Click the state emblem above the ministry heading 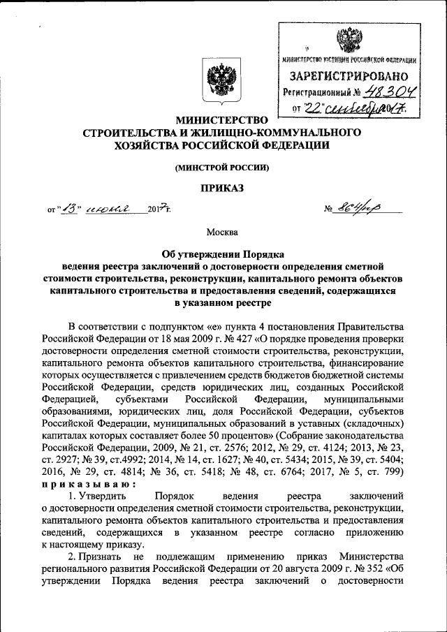(223, 82)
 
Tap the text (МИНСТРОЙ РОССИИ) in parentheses (223, 168)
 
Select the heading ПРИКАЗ (223, 188)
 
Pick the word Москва (223, 231)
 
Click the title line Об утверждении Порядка (223, 254)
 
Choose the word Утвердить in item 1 (105, 494)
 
